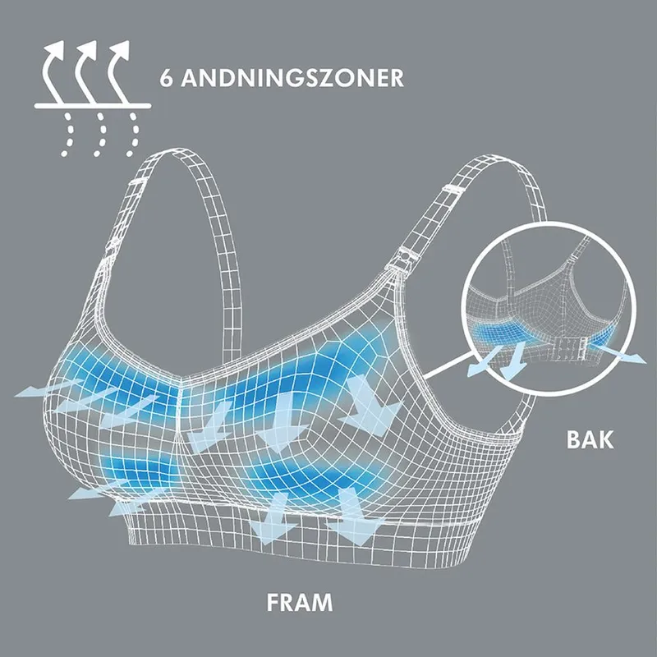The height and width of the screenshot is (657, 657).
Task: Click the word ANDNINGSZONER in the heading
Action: (292, 77)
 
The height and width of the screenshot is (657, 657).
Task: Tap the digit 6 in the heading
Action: (166, 77)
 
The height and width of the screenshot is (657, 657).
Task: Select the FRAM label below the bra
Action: (300, 603)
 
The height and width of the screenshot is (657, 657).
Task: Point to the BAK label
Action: (590, 439)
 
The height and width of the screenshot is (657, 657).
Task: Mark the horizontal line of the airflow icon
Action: (93, 106)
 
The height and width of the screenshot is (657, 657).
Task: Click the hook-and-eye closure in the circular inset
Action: (567, 348)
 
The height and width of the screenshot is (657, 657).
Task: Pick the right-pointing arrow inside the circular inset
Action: (618, 352)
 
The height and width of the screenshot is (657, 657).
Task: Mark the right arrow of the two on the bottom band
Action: (353, 518)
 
